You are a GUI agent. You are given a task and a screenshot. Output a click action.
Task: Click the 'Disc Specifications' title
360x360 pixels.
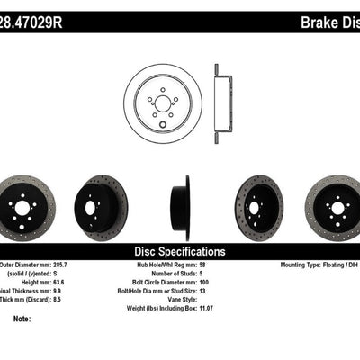[179, 251]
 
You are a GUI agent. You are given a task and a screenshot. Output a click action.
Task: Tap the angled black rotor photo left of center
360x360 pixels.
[101, 207]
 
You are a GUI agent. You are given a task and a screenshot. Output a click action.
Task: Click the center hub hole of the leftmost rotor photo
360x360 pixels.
[22, 207]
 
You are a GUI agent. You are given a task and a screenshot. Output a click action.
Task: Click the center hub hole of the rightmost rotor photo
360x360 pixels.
[338, 208]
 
